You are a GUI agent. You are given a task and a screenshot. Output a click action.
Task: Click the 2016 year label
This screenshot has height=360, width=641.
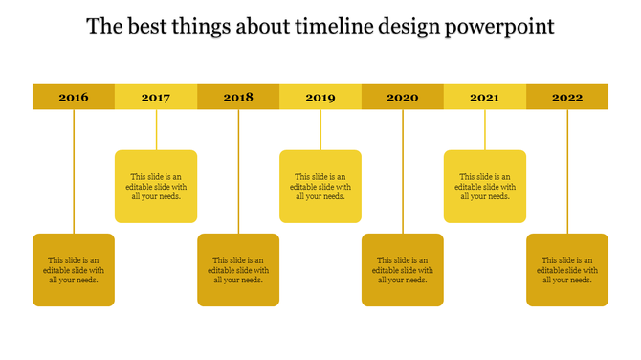click(x=74, y=97)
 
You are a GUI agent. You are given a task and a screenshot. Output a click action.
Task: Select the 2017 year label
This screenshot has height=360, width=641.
click(x=156, y=97)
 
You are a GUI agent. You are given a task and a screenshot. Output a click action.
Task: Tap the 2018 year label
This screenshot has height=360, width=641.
click(x=238, y=97)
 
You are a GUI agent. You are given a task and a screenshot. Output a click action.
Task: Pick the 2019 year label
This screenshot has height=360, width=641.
click(x=320, y=97)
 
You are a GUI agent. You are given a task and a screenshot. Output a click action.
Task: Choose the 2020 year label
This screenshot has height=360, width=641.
click(x=403, y=97)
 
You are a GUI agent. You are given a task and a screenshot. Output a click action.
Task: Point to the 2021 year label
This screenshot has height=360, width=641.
click(x=485, y=97)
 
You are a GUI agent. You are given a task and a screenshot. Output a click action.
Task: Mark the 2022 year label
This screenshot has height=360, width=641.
click(x=567, y=97)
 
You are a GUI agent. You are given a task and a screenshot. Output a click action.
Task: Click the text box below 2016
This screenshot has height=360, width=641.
click(x=74, y=270)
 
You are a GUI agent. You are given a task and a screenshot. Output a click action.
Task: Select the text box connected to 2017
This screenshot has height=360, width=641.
click(x=156, y=187)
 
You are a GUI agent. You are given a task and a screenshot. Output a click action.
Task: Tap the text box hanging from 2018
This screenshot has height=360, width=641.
click(x=238, y=270)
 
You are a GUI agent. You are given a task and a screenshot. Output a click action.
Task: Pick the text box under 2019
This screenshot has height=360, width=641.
click(x=320, y=187)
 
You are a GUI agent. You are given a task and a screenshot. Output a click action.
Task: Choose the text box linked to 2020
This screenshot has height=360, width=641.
click(x=403, y=270)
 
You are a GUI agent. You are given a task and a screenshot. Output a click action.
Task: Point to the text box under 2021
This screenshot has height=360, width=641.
click(x=485, y=187)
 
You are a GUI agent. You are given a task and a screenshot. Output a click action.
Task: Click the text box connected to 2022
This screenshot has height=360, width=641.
click(x=567, y=270)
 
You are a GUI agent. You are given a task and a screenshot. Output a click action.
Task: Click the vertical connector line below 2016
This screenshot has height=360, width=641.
click(x=74, y=172)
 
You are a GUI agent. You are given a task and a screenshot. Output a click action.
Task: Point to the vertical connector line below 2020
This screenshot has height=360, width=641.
click(x=403, y=172)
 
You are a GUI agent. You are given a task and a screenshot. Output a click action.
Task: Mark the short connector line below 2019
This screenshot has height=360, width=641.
click(x=320, y=129)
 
